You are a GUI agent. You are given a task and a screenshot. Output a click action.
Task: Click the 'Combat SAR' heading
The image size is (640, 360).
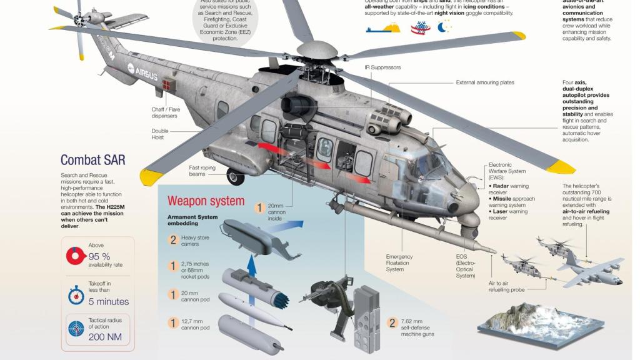tap(92, 160)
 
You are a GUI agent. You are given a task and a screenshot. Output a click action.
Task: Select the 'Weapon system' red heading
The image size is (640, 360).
tap(206, 201)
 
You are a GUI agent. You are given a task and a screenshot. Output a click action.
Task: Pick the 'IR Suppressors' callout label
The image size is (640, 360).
tap(382, 67)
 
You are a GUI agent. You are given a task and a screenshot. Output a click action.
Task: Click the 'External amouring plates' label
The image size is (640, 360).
tap(485, 82)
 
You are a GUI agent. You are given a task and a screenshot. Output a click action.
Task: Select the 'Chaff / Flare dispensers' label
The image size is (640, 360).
tap(164, 112)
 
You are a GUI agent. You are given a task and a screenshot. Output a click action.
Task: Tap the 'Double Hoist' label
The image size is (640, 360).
tap(160, 134)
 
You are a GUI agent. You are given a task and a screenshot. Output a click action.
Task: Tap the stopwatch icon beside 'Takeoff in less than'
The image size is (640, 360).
tap(76, 294)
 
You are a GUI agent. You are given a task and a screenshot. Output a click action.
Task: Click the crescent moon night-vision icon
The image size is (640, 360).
tap(444, 26)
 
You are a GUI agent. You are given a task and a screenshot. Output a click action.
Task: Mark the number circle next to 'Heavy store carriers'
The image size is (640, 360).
tap(173, 239)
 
